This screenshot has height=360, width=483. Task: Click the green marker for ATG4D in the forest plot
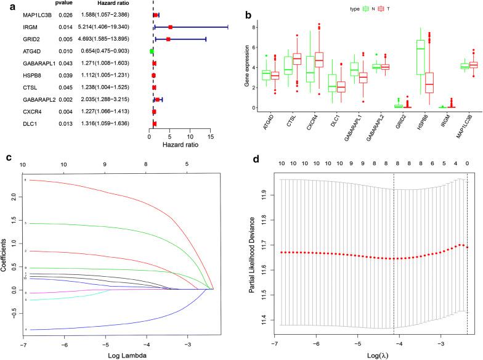point(152,51)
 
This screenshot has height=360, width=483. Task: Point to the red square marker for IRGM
point(170,27)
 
